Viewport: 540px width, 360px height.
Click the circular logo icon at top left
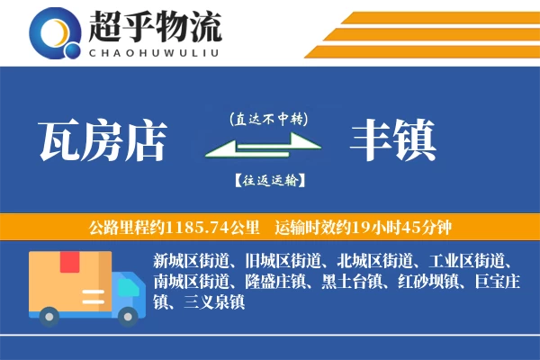(51, 32)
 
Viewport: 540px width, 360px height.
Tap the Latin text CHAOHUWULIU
(154, 52)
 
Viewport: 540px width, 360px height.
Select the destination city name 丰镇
(393, 139)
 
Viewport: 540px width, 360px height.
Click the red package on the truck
(69, 264)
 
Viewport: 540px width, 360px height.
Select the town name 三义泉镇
(211, 303)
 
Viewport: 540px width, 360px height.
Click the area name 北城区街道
(373, 262)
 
